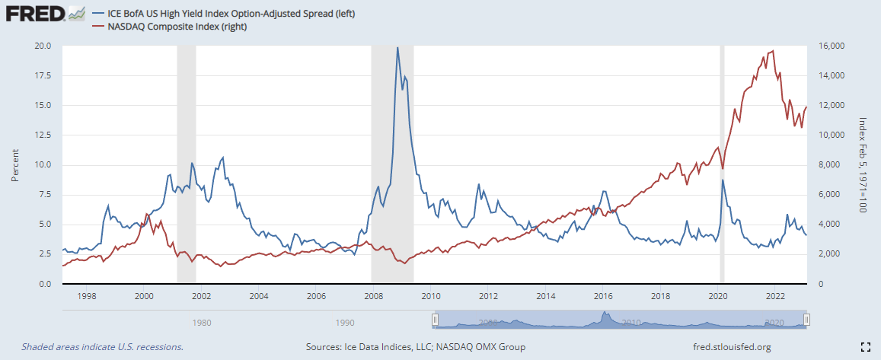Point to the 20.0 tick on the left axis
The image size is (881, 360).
click(42, 46)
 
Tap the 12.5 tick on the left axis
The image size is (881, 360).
click(42, 135)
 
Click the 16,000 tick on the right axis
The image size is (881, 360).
click(828, 46)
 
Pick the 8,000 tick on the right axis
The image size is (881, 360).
click(825, 164)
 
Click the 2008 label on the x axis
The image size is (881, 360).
click(372, 296)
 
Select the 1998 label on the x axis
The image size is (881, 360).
click(85, 296)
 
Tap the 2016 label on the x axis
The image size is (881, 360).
click(602, 296)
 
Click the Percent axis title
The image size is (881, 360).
click(15, 164)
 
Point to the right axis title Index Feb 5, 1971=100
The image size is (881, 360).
click(863, 164)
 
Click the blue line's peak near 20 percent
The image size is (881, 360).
click(397, 48)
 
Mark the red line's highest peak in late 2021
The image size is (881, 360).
click(773, 51)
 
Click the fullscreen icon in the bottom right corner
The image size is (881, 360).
click(865, 347)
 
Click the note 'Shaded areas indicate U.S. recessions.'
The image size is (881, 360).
click(102, 347)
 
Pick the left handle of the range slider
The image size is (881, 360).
click(435, 319)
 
